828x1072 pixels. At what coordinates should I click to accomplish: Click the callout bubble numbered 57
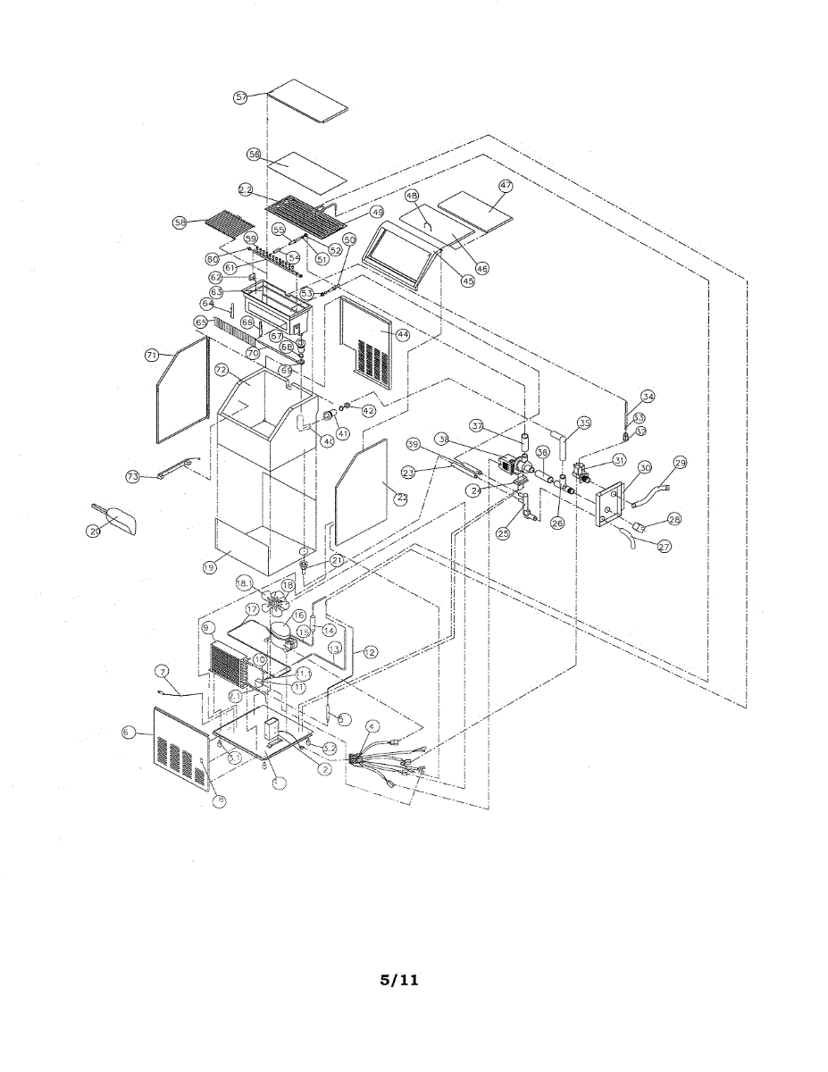coord(240,97)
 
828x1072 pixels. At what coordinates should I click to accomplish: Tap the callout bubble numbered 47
coord(506,186)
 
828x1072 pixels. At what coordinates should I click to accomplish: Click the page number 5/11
coord(399,980)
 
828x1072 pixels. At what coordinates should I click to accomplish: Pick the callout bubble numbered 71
coord(152,355)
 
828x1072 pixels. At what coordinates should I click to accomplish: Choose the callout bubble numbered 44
coord(402,335)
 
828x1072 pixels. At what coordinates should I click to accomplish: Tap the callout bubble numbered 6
coord(128,732)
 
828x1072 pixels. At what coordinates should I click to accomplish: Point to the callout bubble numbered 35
coord(585,423)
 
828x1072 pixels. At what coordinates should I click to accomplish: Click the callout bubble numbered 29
coord(681,462)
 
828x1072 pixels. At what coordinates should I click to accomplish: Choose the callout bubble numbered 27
coord(664,547)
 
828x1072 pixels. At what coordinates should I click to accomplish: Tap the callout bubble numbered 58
coord(181,222)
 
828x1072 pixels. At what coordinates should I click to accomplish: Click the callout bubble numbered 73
coord(133,477)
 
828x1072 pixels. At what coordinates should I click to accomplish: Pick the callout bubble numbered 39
coord(413,443)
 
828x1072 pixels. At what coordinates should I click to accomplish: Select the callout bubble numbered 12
coord(369,653)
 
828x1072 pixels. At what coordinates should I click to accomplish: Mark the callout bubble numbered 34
coord(648,397)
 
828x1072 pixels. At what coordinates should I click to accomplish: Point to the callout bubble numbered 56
coord(255,155)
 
